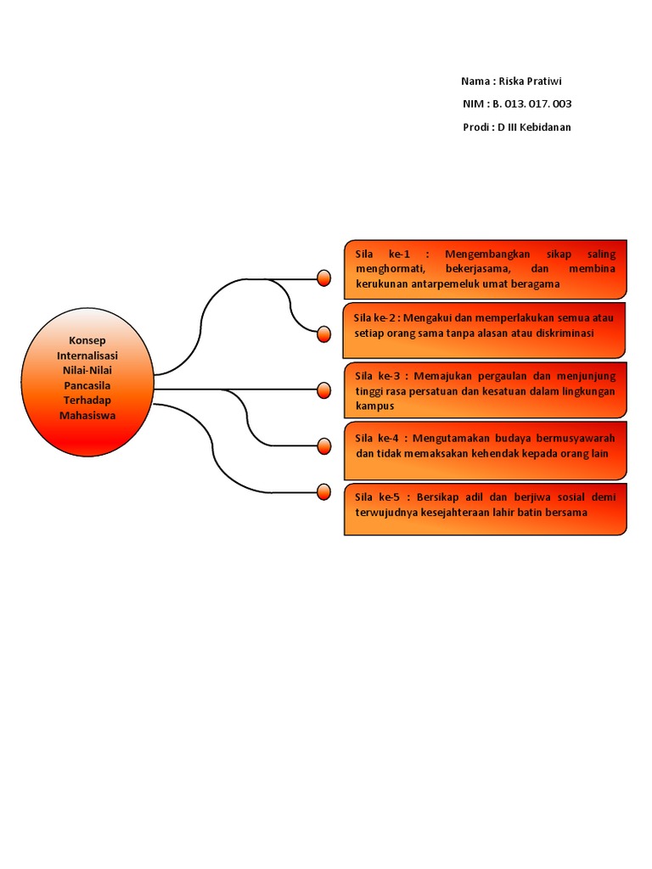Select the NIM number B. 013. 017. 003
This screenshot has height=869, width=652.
click(x=532, y=104)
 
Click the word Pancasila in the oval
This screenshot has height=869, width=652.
click(x=87, y=385)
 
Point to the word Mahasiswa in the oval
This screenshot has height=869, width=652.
click(x=87, y=416)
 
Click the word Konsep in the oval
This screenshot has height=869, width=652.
click(x=87, y=339)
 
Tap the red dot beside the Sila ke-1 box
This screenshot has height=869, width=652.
click(x=323, y=278)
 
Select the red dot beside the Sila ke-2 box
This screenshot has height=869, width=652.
click(x=323, y=334)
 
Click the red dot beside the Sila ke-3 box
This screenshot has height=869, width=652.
click(x=323, y=390)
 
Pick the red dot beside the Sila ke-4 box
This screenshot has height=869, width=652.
click(x=323, y=446)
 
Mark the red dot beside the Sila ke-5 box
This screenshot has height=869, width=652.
click(x=323, y=491)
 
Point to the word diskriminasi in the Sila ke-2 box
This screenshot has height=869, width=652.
click(x=561, y=334)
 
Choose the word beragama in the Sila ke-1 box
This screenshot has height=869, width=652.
click(x=533, y=283)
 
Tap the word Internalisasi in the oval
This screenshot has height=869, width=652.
click(x=87, y=355)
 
